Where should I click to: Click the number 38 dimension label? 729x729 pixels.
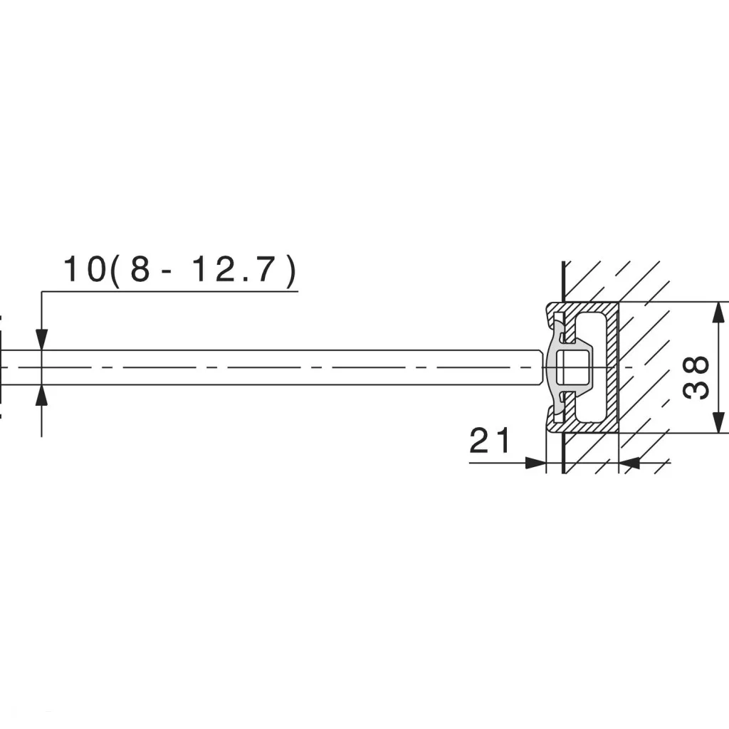tap(696, 377)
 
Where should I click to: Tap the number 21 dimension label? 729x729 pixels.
tap(490, 441)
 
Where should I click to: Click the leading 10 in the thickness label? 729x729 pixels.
tap(85, 269)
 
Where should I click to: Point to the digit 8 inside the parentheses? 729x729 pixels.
tap(140, 269)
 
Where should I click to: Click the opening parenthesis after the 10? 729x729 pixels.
tap(115, 271)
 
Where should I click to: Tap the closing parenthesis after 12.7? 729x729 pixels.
tap(291, 271)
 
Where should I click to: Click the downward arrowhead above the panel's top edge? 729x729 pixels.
tap(42, 340)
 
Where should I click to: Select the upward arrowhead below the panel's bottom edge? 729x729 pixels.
tap(42, 395)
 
